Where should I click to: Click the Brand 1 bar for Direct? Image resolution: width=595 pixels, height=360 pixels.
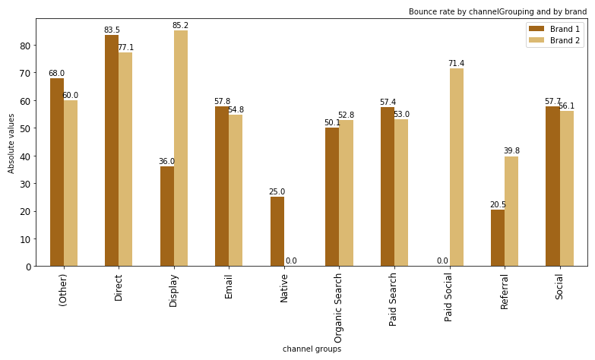(112, 150)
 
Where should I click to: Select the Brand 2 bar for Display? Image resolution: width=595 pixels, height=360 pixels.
(181, 148)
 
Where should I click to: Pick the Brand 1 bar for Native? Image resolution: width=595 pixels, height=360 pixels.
(277, 232)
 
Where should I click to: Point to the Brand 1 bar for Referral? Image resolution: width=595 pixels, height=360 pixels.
(498, 238)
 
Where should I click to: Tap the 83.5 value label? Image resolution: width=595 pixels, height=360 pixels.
(112, 30)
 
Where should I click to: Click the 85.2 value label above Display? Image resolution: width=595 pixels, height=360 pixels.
(180, 26)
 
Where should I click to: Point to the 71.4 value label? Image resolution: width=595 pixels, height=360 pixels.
(456, 64)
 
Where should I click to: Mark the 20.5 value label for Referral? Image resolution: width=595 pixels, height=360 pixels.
(498, 205)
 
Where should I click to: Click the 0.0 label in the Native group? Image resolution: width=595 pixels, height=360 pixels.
(291, 261)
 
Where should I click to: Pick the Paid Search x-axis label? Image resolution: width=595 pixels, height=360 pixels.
(394, 299)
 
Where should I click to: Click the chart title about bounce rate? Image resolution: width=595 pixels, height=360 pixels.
(497, 11)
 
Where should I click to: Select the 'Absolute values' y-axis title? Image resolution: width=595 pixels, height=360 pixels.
(11, 143)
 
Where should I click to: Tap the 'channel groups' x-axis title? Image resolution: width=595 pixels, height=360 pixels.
(312, 349)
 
